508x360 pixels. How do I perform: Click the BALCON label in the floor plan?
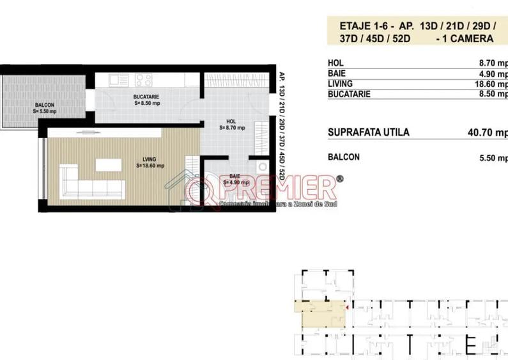point(44,105)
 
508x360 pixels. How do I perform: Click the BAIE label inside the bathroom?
point(235,177)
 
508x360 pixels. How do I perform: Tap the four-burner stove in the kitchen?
point(142,81)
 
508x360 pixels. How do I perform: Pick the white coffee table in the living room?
point(108,164)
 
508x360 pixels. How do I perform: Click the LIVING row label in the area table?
point(340,84)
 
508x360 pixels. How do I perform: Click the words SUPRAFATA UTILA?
point(368,133)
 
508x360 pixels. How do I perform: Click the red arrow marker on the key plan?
point(346,308)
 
